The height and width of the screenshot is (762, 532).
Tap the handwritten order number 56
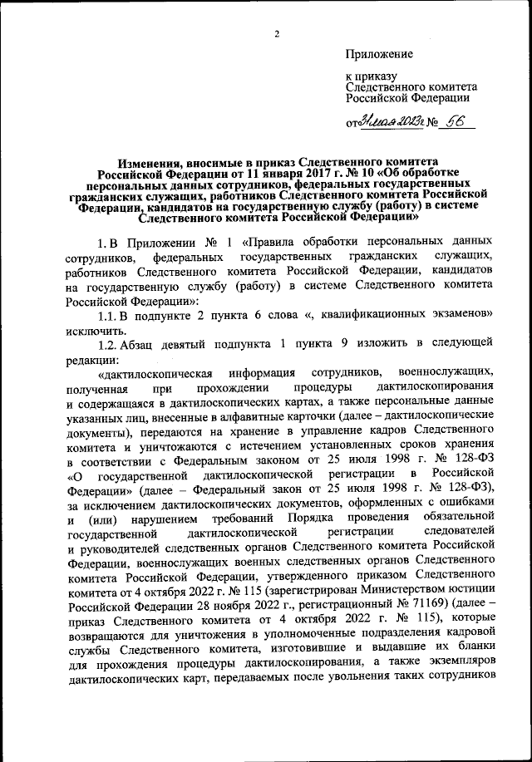coord(456,121)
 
